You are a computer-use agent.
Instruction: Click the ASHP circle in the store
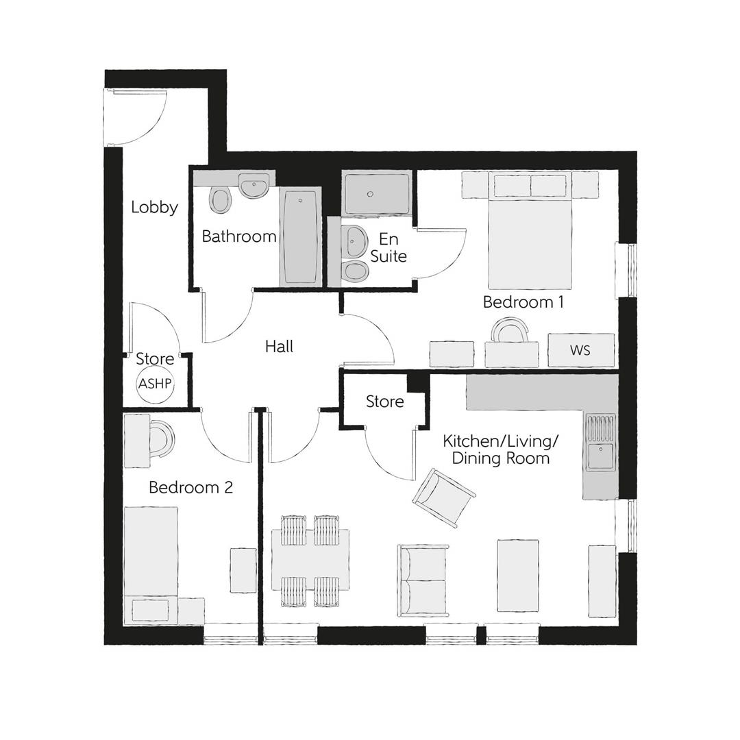(x=155, y=384)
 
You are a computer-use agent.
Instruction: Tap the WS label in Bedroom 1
(x=580, y=351)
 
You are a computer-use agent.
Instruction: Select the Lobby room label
(x=154, y=207)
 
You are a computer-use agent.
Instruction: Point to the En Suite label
(x=389, y=248)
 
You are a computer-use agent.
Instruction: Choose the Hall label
(x=279, y=347)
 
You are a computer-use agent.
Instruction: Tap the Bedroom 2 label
(x=190, y=487)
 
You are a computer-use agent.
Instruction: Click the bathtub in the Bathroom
(x=300, y=237)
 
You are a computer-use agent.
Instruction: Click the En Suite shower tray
(x=377, y=194)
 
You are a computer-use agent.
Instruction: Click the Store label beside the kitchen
(x=384, y=402)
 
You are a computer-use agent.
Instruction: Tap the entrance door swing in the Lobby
(x=135, y=116)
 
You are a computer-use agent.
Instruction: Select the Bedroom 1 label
(x=523, y=301)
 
